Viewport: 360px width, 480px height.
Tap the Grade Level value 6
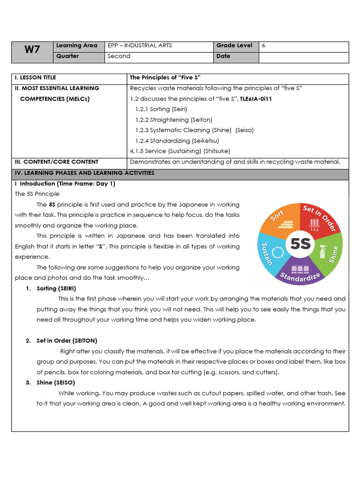pyautogui.click(x=263, y=45)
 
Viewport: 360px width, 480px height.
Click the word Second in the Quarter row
pyautogui.click(x=119, y=56)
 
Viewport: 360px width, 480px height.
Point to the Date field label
pyautogui.click(x=224, y=56)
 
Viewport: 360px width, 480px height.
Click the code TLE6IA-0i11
pyautogui.click(x=256, y=99)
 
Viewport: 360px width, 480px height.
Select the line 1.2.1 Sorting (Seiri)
pyautogui.click(x=161, y=109)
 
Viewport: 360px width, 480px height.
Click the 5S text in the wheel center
pyautogui.click(x=300, y=243)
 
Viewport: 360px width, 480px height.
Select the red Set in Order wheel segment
pyautogui.click(x=319, y=218)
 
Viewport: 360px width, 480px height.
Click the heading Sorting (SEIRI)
pyautogui.click(x=56, y=288)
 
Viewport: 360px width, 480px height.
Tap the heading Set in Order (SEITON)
pyautogui.click(x=67, y=341)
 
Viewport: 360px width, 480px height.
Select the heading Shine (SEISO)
pyautogui.click(x=55, y=382)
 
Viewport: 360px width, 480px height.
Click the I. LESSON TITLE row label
pyautogui.click(x=36, y=78)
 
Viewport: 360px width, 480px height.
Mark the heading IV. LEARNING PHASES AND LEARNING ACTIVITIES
pyautogui.click(x=84, y=173)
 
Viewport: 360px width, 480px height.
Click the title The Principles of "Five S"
pyautogui.click(x=165, y=78)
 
